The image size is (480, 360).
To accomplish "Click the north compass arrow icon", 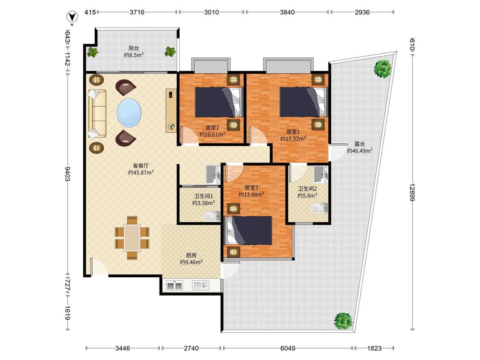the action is coord(72,16).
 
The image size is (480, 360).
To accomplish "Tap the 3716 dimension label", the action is coord(137,12).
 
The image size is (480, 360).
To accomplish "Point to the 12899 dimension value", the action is coord(413,192).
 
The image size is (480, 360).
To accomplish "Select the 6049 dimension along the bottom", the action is coord(288,348).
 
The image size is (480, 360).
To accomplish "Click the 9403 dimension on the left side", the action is coord(67,174).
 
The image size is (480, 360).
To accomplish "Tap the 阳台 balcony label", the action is coord(134,48).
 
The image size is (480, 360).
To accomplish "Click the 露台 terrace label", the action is coord(360,144).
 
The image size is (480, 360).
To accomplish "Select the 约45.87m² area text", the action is coord(141,172).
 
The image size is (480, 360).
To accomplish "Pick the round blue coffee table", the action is coord(129,113).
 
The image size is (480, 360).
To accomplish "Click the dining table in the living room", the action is coord(132,238).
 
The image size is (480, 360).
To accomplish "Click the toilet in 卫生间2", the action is coord(319,208).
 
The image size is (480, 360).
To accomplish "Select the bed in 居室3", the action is coord(249,230).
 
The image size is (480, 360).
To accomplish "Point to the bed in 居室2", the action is coord(219,102).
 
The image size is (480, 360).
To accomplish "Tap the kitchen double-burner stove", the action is coord(174,286).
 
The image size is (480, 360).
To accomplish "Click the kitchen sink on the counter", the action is coord(201,286).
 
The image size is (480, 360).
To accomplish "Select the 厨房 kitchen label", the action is coord(191,255).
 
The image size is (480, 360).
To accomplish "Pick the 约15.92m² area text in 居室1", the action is coord(293,139).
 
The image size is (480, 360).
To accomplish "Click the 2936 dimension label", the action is coord(362,12).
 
